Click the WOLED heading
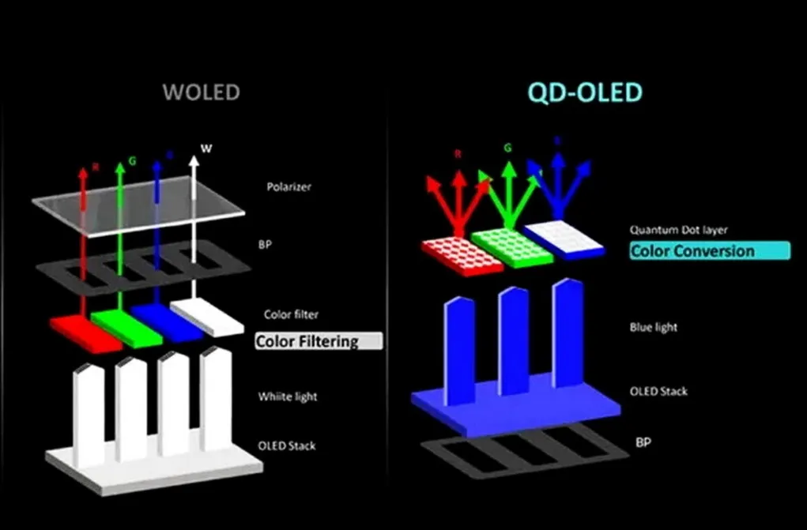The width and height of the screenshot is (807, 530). click(201, 92)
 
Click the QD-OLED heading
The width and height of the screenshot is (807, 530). click(586, 92)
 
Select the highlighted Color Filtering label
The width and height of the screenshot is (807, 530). click(319, 341)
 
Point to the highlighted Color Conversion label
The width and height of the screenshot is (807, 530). click(709, 251)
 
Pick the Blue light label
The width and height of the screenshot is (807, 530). click(654, 326)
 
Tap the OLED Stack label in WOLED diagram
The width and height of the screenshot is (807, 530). click(286, 445)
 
